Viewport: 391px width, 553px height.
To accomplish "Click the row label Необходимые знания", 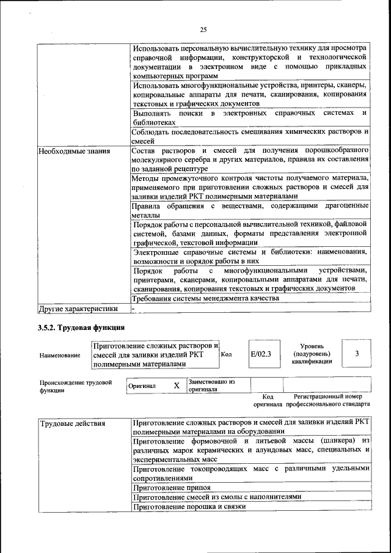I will tap(74, 150).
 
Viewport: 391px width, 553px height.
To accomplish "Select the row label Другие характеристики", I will tap(78, 309).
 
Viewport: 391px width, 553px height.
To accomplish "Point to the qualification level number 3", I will tap(357, 354).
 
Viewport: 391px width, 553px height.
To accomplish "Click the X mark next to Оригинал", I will tap(176, 386).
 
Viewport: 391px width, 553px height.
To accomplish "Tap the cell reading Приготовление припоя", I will tap(172, 488).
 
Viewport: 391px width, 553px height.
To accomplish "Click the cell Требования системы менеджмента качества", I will tap(205, 298).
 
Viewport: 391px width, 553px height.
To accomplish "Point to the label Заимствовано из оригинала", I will tap(211, 385).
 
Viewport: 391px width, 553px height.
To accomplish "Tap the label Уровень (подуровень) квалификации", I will tap(312, 354).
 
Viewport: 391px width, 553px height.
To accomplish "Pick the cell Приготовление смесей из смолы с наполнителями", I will tap(217, 497).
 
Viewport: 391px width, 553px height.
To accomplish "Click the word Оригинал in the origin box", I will tap(142, 386).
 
